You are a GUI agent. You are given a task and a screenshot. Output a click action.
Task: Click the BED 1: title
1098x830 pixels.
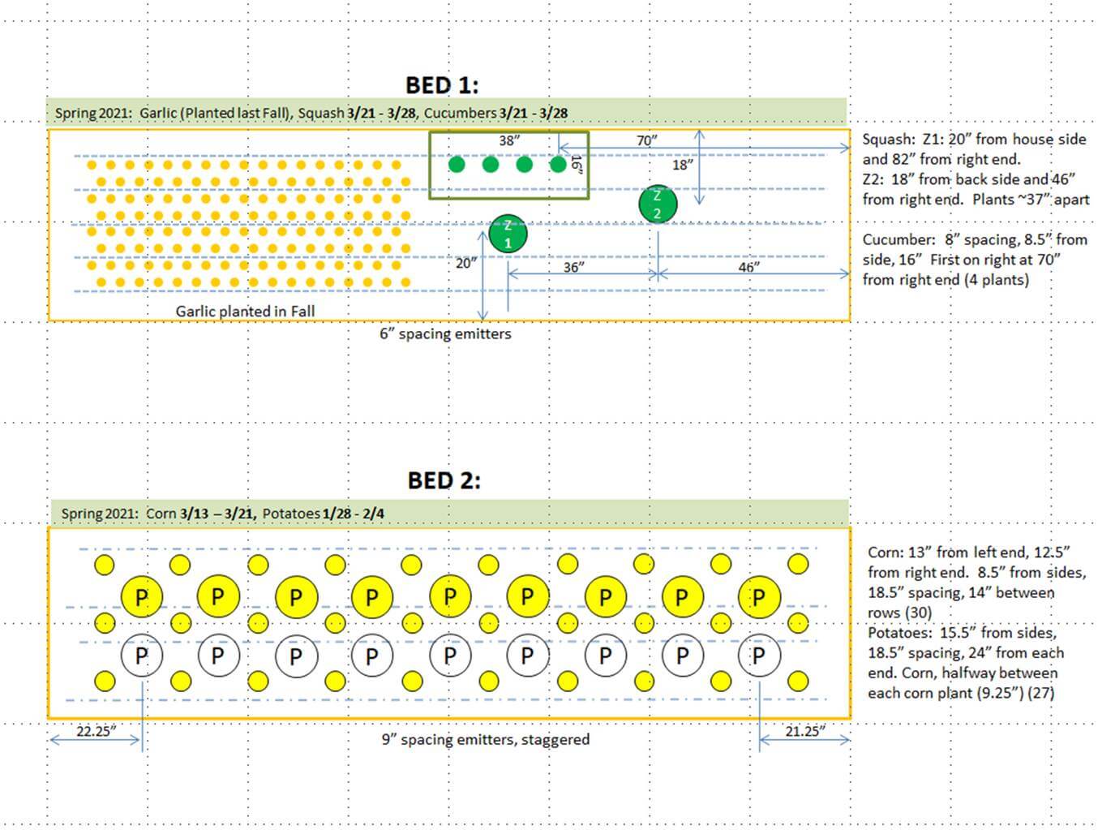[x=442, y=85]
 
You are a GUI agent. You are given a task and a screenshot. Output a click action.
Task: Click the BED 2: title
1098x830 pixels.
[x=444, y=481]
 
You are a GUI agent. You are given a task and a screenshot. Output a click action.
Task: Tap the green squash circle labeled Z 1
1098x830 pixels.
[x=508, y=234]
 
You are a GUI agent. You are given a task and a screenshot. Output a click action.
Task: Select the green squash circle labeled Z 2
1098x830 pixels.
[x=658, y=204]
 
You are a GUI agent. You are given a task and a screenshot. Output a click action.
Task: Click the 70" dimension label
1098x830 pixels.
[x=647, y=140]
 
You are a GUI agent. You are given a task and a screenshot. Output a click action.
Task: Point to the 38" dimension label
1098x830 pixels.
[x=509, y=140]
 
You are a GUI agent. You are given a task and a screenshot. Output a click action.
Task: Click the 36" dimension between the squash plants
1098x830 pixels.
[x=574, y=268]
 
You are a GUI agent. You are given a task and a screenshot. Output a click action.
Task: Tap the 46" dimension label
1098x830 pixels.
[x=748, y=267]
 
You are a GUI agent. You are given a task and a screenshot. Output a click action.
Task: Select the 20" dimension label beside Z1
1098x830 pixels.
[x=466, y=263]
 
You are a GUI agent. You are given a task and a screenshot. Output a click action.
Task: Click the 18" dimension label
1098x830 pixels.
[x=683, y=165]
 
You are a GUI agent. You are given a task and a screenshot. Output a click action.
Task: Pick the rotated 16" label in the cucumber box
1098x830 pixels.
[x=577, y=165]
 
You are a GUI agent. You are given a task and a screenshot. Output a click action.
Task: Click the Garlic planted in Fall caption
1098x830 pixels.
[x=245, y=312]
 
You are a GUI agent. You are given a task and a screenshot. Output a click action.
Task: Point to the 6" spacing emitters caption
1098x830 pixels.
[x=445, y=333]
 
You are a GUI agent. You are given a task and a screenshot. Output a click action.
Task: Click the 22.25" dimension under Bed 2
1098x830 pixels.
[x=96, y=732]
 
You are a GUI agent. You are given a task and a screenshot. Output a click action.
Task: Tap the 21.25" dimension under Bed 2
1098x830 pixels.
[x=805, y=732]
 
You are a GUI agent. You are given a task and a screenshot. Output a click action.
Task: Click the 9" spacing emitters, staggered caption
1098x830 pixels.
[x=485, y=739]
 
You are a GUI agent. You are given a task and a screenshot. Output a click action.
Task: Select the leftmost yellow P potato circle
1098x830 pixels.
[x=142, y=597]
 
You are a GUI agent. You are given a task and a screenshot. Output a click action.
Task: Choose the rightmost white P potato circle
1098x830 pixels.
[x=759, y=656]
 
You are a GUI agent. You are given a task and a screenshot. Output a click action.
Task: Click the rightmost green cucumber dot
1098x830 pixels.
[x=558, y=165]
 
